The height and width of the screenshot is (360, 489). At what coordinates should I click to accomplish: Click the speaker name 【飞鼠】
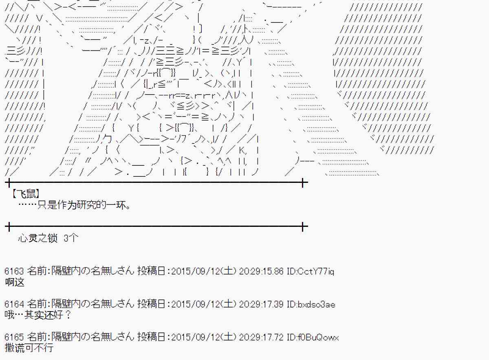pos(26,194)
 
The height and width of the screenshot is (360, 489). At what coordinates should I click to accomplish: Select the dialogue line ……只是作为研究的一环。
pos(75,205)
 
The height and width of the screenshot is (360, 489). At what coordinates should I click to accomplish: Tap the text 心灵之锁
pos(38,239)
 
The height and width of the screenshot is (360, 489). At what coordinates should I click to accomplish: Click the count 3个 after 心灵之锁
pos(71,239)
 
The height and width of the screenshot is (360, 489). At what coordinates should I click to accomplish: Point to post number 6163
pos(14,271)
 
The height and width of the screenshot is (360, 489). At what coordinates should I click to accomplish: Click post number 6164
pos(14,304)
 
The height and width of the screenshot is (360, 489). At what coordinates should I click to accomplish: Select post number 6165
pos(14,338)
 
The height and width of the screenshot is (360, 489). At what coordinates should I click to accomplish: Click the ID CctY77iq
pos(316,271)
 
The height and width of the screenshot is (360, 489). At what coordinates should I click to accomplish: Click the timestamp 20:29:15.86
pos(261,271)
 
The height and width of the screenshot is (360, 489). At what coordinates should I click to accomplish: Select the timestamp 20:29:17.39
pos(261,304)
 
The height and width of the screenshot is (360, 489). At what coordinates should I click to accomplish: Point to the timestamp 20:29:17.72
pos(261,338)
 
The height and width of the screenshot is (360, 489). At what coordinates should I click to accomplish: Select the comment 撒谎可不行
pos(29,349)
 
